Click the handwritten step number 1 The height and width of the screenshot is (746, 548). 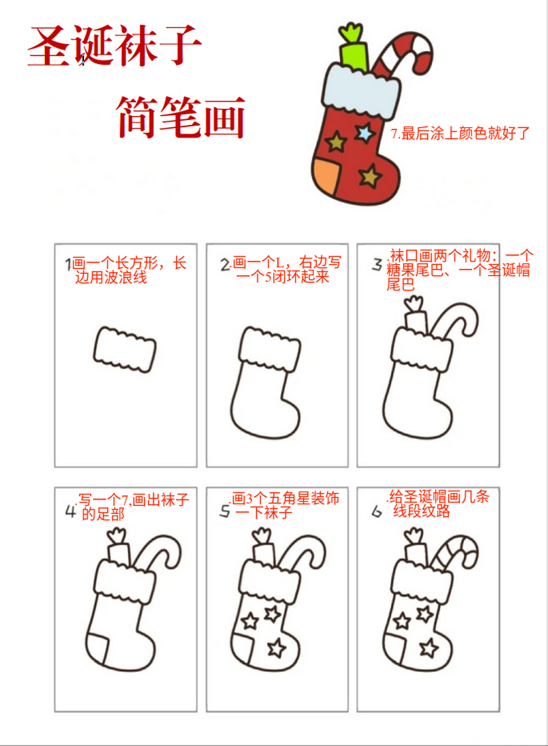pyautogui.click(x=68, y=265)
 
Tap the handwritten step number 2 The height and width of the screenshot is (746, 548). pyautogui.click(x=225, y=265)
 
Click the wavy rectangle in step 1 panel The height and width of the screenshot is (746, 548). pyautogui.click(x=125, y=350)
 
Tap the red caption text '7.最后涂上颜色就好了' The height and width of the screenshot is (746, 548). pyautogui.click(x=460, y=133)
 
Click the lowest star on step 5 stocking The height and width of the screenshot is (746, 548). pyautogui.click(x=277, y=646)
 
